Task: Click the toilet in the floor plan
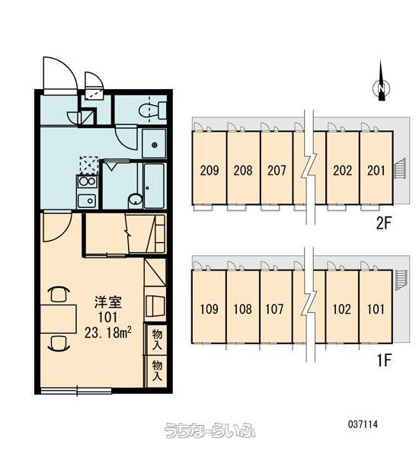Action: tap(152, 110)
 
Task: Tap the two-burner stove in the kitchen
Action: tap(87, 181)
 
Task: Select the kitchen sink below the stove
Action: tap(87, 200)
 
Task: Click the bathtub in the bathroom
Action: tap(154, 185)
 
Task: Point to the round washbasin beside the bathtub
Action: tap(136, 200)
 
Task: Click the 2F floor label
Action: tap(382, 223)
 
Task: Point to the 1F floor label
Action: tap(384, 361)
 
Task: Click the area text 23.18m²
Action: tap(107, 332)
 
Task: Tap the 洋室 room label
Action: tap(107, 302)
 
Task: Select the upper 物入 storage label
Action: tap(157, 340)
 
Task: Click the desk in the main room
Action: tap(59, 319)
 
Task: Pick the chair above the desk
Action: tap(59, 294)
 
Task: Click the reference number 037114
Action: tap(363, 424)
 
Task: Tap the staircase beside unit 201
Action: tap(400, 168)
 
